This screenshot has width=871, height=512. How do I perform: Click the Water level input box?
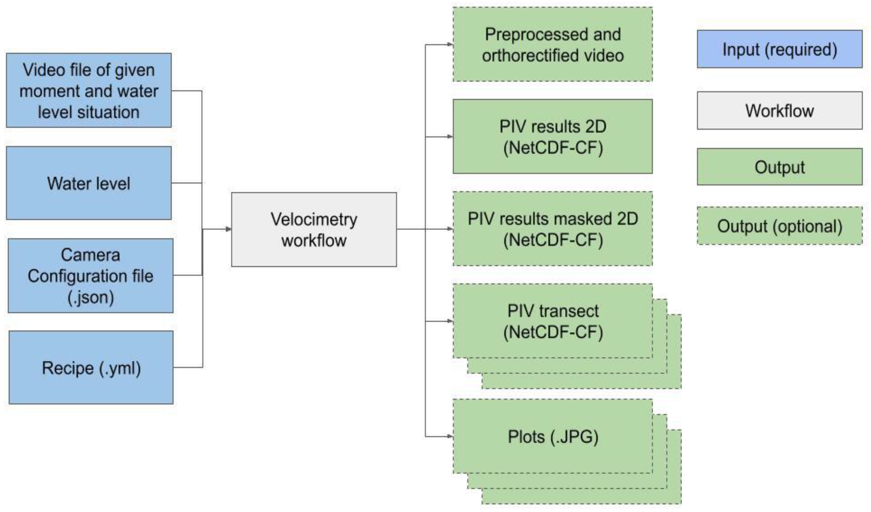tap(89, 183)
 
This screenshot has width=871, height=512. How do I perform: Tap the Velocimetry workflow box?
tap(314, 230)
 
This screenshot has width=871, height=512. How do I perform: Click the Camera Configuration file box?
tap(90, 276)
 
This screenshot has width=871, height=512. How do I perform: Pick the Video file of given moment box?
tap(89, 90)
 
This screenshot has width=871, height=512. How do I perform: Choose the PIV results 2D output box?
tap(553, 136)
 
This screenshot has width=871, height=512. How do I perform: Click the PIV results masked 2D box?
tap(553, 229)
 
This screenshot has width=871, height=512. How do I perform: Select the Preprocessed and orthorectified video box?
tap(553, 44)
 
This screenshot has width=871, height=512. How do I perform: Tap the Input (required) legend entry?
tap(779, 49)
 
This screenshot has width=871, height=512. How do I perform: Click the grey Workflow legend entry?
tap(779, 111)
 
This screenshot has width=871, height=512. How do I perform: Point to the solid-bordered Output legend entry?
tap(779, 167)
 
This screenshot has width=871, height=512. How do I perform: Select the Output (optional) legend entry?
tap(779, 226)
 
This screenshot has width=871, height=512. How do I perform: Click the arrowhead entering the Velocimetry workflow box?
tap(228, 229)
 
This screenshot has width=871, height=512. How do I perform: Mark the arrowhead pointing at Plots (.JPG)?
tap(450, 436)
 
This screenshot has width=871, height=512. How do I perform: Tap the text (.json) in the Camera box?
tap(90, 297)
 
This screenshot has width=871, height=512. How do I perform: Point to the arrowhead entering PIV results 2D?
tap(450, 136)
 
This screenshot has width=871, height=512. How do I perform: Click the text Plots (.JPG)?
tap(553, 437)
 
